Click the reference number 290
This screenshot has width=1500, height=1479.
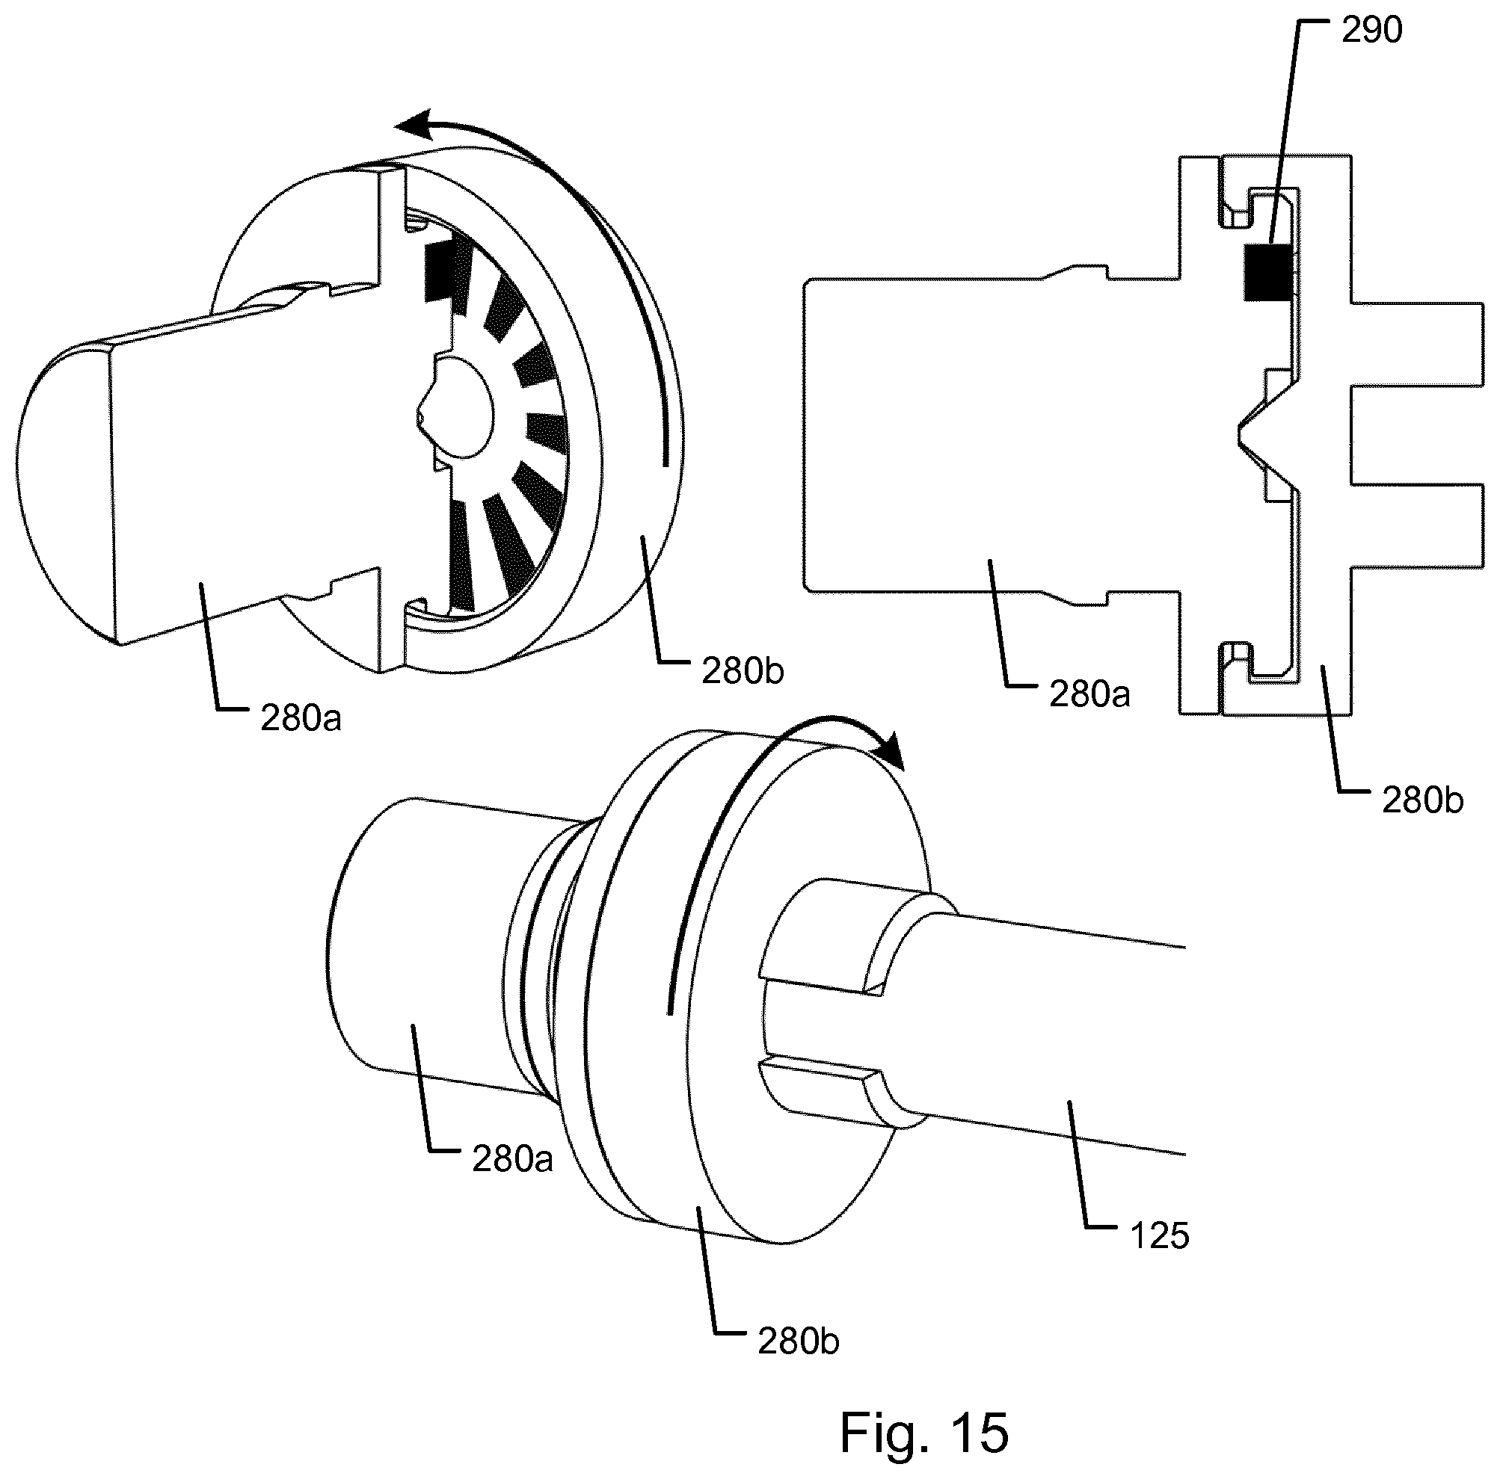[x=1372, y=29]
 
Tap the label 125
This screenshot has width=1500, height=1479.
[x=1160, y=1235]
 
